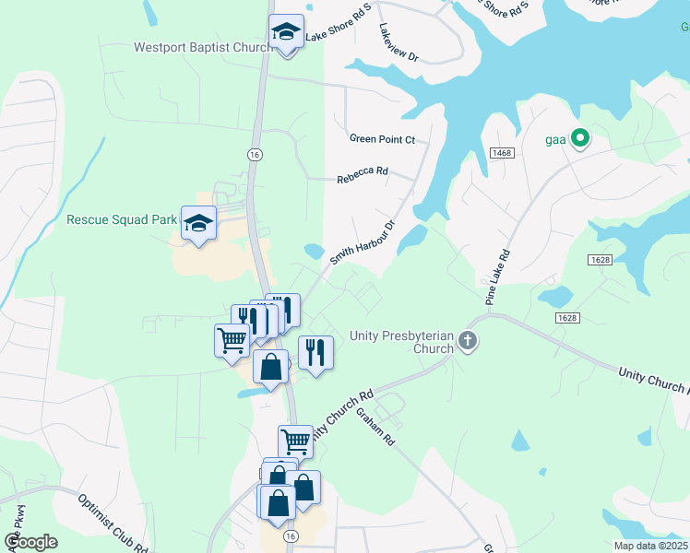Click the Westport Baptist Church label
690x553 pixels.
click(x=200, y=47)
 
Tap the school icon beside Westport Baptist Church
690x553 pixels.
click(x=286, y=34)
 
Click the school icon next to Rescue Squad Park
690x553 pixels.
click(x=198, y=223)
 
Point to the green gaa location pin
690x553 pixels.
click(x=580, y=139)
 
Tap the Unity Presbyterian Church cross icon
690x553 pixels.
click(x=468, y=342)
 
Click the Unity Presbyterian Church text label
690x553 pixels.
click(x=401, y=342)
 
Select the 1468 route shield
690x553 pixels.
click(x=502, y=153)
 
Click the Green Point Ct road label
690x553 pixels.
click(x=383, y=140)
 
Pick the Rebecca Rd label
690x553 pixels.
click(x=363, y=171)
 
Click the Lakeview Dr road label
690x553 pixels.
click(x=399, y=43)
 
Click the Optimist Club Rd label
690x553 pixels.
click(x=113, y=524)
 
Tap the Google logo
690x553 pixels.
click(x=30, y=541)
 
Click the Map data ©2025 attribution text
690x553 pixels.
click(x=648, y=546)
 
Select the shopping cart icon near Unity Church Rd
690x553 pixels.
click(x=295, y=441)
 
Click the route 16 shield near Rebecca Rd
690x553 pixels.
click(x=253, y=155)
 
